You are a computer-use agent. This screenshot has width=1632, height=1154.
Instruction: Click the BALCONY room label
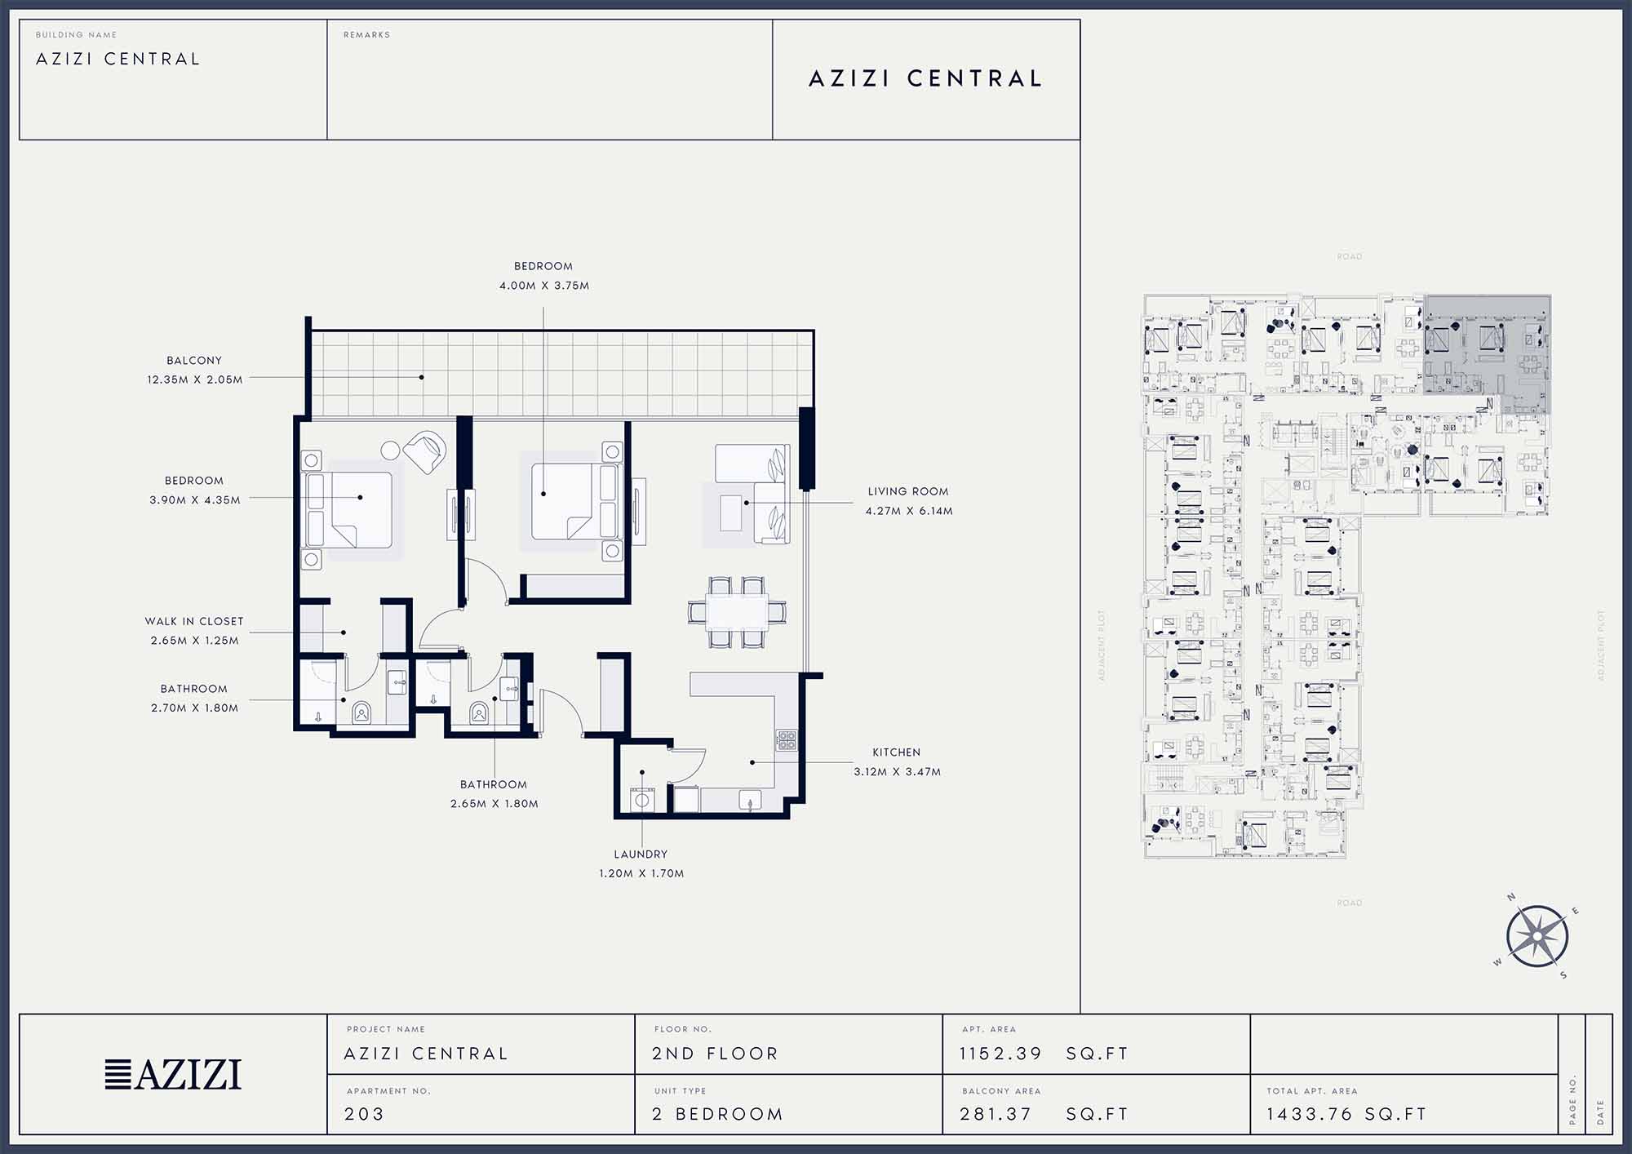point(194,361)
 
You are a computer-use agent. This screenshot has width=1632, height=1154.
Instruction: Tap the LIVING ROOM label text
point(908,491)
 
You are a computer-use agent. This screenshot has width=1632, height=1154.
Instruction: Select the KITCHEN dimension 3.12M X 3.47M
point(897,771)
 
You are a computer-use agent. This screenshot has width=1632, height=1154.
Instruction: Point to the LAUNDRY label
point(641,854)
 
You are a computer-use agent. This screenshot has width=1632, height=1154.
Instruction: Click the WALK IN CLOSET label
point(194,621)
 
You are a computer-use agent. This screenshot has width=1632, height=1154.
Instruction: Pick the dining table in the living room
point(737,611)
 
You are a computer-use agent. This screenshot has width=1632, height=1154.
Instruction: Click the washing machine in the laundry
point(642,800)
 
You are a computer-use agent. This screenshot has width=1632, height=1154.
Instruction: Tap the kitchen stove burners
point(786,740)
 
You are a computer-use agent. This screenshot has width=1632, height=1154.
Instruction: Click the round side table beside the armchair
point(391,450)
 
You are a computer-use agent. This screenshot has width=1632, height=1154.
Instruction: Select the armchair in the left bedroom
point(425,452)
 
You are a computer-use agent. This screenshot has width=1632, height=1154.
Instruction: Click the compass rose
point(1537,936)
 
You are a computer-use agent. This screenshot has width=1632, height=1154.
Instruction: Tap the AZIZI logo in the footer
point(173,1074)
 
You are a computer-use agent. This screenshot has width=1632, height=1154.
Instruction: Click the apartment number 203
point(364,1114)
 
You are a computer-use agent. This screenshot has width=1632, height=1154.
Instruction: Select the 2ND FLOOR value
point(715,1054)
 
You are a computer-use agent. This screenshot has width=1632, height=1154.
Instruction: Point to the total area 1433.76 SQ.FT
point(1346,1114)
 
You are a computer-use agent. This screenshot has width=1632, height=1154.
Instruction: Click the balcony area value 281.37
point(996,1114)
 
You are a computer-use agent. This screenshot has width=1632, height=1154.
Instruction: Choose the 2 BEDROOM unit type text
point(717,1114)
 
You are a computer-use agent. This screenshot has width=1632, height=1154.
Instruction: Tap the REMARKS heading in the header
point(366,35)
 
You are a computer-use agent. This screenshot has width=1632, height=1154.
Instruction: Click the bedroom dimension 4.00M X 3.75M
point(544,286)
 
